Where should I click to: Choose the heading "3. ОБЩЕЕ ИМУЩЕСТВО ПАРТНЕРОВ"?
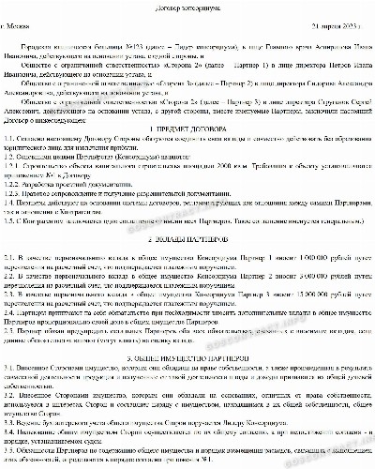coord(188,385)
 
